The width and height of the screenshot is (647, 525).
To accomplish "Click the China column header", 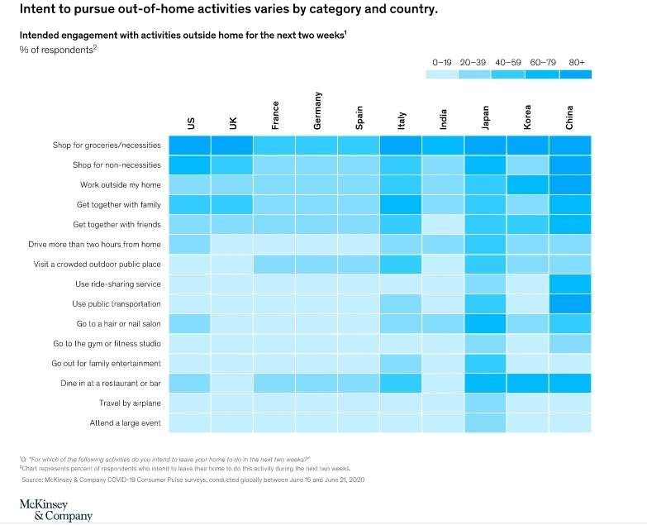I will tap(570, 116).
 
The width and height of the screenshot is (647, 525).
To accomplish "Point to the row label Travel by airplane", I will tap(131, 403).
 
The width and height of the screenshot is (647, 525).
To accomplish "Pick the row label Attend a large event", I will tap(126, 422).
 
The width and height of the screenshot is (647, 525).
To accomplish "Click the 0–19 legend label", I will tap(442, 62).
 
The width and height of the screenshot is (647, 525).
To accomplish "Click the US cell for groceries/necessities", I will tap(190, 146).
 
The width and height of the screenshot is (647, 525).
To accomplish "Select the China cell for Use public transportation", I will tap(570, 303).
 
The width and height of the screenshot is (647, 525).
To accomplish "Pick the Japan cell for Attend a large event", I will tap(486, 422).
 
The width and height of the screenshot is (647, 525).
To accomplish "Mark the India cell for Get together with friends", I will tap(444, 224).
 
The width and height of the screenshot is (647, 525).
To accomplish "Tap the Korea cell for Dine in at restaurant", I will tap(528, 383).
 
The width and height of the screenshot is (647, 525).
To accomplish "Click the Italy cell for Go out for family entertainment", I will tap(402, 363).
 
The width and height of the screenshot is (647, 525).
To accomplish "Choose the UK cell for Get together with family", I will tap(232, 204).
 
